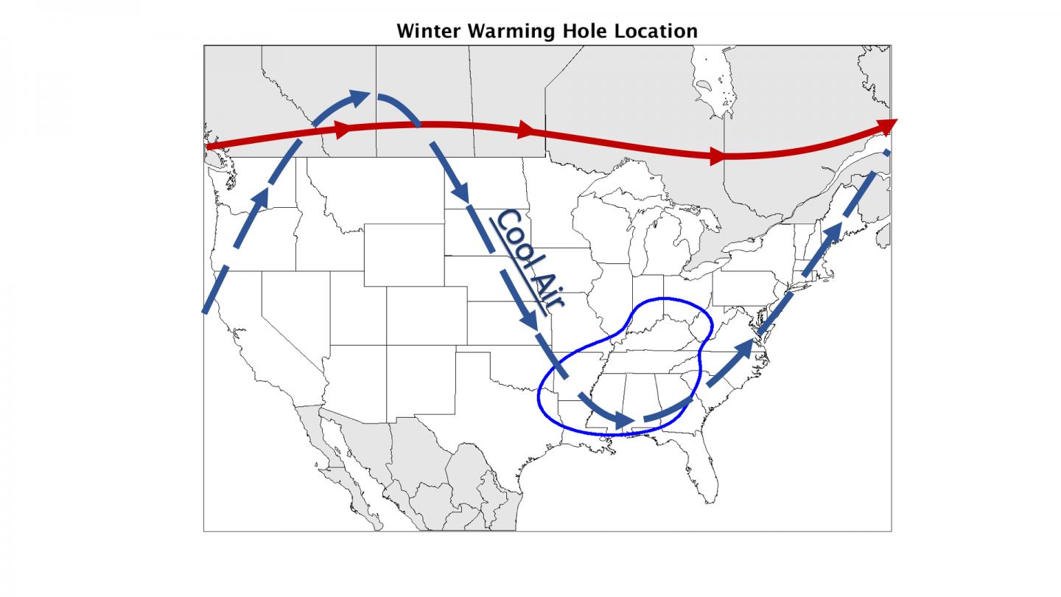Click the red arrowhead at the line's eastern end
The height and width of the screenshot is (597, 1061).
886,126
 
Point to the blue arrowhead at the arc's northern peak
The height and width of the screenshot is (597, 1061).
360,97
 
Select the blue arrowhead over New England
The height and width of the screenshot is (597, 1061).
832,233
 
